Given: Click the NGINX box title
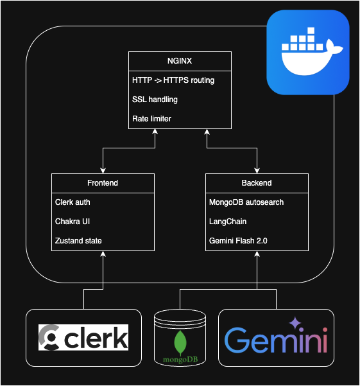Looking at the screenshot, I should click(180, 62).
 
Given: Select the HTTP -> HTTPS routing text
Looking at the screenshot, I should click(173, 81).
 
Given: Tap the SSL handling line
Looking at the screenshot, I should click(155, 100).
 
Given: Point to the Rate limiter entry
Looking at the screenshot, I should click(151, 119).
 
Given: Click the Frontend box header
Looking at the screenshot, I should click(103, 183).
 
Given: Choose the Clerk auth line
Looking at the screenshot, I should click(73, 202).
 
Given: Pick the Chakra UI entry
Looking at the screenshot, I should click(73, 222).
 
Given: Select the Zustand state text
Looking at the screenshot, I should click(78, 241).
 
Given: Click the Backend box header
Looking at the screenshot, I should click(257, 183).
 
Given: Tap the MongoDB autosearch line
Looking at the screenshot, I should click(246, 202).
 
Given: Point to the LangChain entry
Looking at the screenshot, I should click(228, 222).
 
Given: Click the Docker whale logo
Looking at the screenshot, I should click(307, 52).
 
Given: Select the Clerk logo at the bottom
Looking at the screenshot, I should click(83, 338).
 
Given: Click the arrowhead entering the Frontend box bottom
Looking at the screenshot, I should click(103, 254).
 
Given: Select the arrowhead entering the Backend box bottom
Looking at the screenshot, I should click(257, 254).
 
